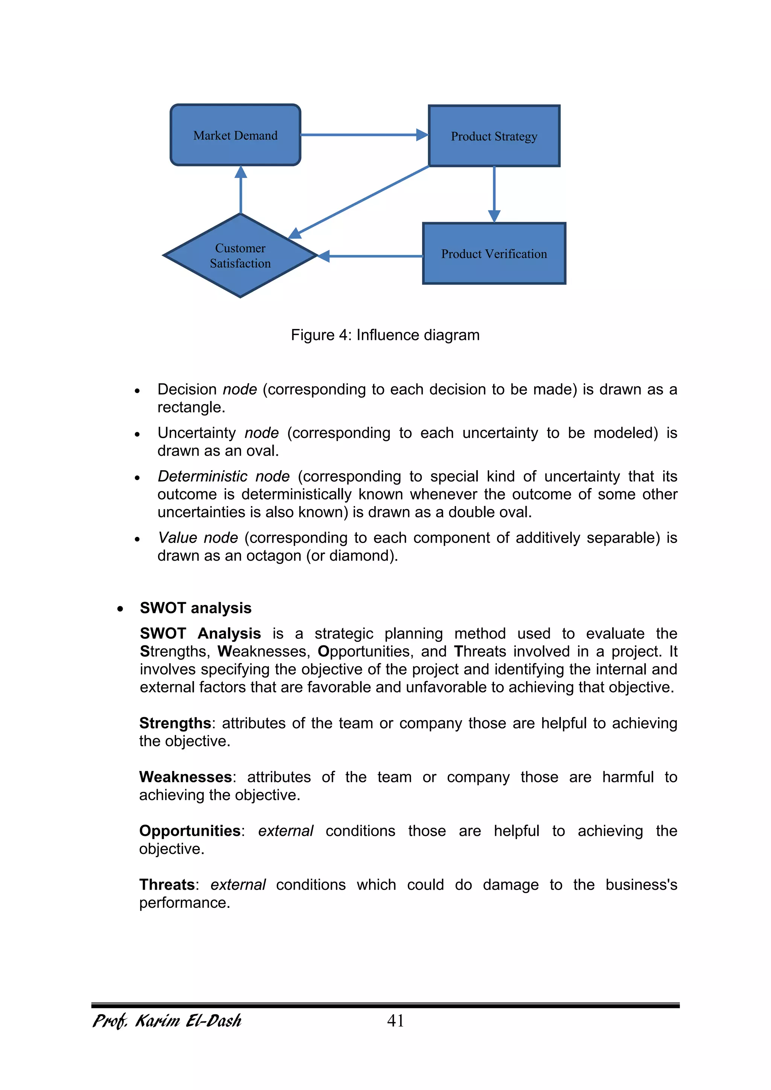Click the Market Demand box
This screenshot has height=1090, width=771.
click(235, 135)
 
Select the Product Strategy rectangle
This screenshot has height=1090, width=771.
click(494, 136)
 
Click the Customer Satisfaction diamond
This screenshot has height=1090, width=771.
click(240, 256)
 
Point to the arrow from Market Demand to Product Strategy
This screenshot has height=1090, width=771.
click(363, 135)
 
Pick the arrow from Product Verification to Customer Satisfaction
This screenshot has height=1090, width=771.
click(373, 256)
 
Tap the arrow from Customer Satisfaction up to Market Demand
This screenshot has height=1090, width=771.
click(241, 190)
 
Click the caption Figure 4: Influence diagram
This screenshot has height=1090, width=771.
click(385, 335)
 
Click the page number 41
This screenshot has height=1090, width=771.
click(395, 1021)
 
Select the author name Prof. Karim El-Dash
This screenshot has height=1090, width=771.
click(167, 1021)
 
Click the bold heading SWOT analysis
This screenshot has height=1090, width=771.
click(196, 608)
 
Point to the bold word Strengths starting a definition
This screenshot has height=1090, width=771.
click(175, 723)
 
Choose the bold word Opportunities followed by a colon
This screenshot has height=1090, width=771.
click(190, 831)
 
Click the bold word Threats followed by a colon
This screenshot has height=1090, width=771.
click(167, 885)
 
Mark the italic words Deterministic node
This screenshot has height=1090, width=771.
click(224, 476)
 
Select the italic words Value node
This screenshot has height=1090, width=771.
click(198, 538)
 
